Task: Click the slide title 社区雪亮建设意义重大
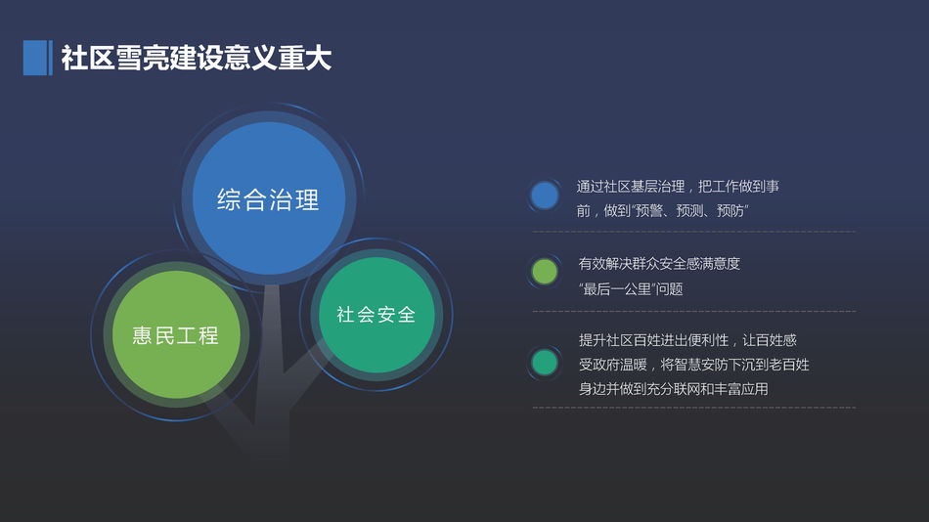(x=197, y=58)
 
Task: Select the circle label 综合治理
(x=268, y=199)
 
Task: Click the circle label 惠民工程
(x=175, y=335)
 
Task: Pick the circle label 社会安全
(x=376, y=315)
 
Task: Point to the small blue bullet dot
(x=544, y=196)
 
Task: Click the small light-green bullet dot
(x=544, y=272)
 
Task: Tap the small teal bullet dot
(x=544, y=363)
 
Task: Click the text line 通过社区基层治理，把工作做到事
(x=678, y=187)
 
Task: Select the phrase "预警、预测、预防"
(x=690, y=211)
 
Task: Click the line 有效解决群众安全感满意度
(x=659, y=264)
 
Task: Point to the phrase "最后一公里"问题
(x=631, y=289)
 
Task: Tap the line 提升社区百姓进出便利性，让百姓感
(x=687, y=340)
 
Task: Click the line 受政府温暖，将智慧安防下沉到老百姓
(x=693, y=365)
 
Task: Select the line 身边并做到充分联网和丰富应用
(x=674, y=389)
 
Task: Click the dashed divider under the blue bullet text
(x=693, y=232)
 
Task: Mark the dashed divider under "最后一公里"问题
(x=693, y=311)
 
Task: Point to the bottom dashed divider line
(x=693, y=408)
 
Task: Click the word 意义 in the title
(x=250, y=58)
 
